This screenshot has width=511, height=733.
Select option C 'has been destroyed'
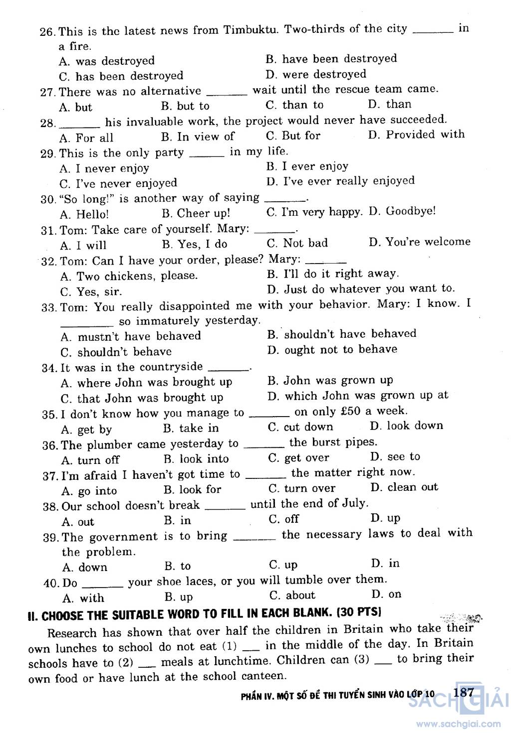click(129, 76)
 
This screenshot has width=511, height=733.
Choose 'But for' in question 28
click(301, 136)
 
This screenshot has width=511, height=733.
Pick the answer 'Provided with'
click(425, 135)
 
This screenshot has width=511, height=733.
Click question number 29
click(48, 153)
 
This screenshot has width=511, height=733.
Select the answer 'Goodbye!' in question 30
click(410, 211)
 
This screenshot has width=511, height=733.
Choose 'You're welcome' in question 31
click(428, 242)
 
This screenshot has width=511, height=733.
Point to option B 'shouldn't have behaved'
click(349, 334)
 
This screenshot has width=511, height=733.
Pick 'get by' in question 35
click(94, 430)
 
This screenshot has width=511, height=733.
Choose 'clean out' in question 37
click(412, 487)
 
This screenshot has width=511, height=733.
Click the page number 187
click(464, 692)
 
